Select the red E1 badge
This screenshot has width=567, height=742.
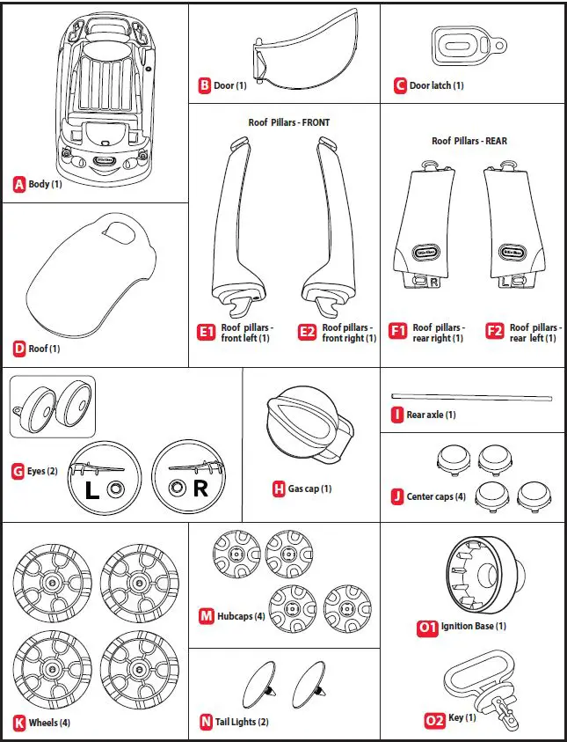coord(207,332)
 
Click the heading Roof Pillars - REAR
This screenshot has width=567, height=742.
coord(469,141)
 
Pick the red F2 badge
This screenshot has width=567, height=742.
coord(495,332)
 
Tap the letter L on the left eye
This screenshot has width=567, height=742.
coord(92,489)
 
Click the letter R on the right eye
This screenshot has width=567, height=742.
coord(200,489)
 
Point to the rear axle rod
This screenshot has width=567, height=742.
coord(473,397)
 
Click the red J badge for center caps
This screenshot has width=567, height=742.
coord(397,497)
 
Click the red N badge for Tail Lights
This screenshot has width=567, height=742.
coord(206,723)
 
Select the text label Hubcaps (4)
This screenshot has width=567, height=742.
coord(241,616)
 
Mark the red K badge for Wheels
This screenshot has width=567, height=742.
coord(19,723)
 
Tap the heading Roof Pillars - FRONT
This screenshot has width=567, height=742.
coord(289,122)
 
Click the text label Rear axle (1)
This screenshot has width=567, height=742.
coord(432,415)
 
